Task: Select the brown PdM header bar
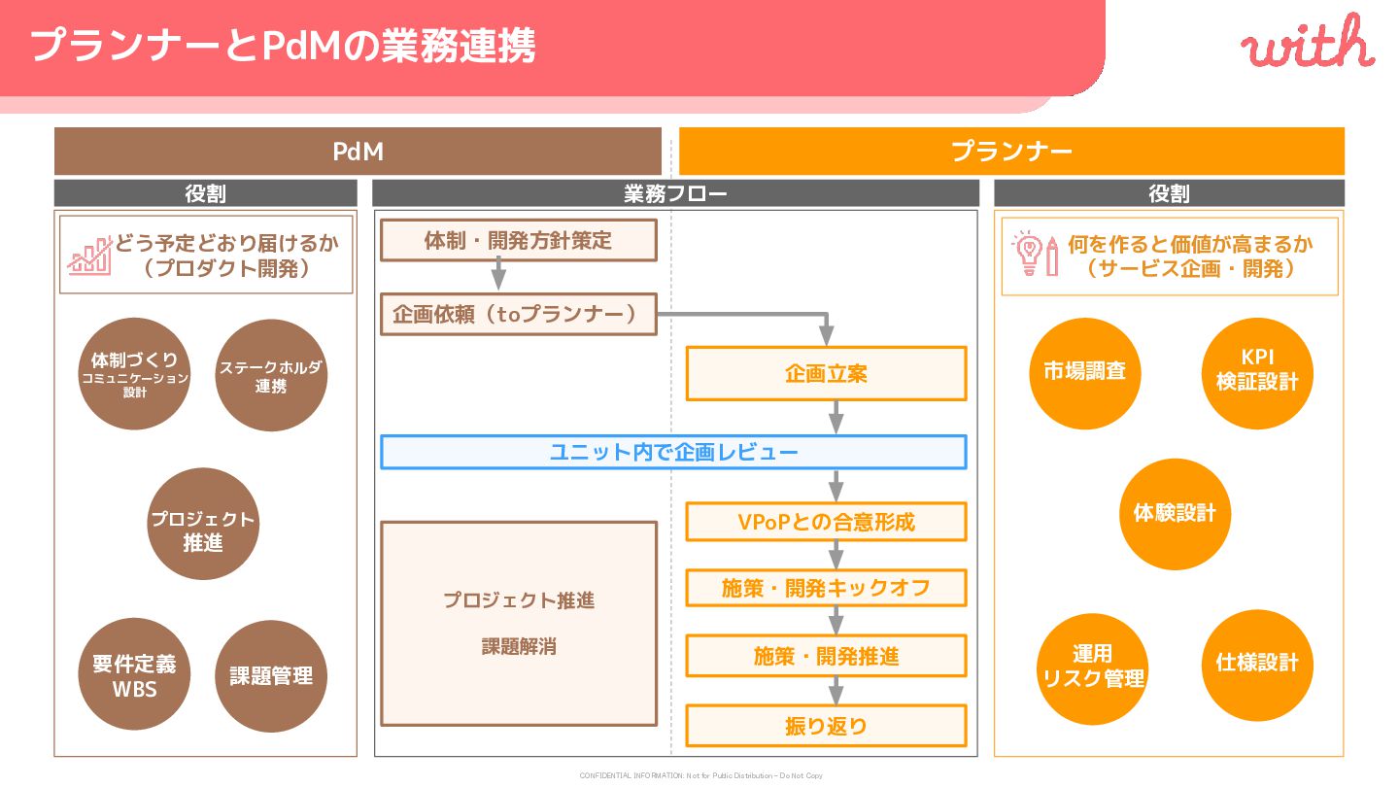(x=358, y=152)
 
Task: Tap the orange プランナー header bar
(x=1011, y=152)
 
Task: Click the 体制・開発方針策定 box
(x=519, y=241)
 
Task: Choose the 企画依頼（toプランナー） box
(x=519, y=315)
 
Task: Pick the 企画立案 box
(x=826, y=373)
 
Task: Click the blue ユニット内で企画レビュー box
(x=673, y=452)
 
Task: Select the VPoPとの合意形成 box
(x=826, y=522)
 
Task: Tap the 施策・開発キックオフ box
(x=826, y=588)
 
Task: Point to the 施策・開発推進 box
(x=826, y=656)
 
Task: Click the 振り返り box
(x=826, y=726)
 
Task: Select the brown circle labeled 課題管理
(x=271, y=676)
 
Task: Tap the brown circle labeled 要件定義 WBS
(x=134, y=676)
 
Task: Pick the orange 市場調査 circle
(x=1084, y=372)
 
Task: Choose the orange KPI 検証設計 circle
(x=1257, y=372)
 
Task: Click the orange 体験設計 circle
(x=1175, y=513)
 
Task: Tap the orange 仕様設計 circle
(x=1257, y=664)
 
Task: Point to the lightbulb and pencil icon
(x=1036, y=255)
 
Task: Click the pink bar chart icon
(x=89, y=255)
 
